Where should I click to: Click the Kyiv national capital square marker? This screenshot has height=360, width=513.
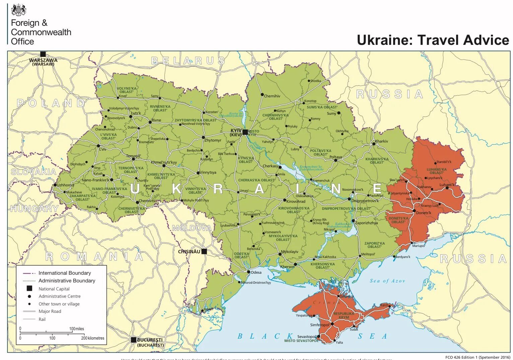pos(245,132)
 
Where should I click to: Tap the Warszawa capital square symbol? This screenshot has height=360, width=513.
pos(43,54)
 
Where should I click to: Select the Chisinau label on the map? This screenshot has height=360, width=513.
pos(189,252)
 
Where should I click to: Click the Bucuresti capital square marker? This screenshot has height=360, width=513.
pos(134,340)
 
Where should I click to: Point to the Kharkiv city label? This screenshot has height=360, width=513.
pos(382,141)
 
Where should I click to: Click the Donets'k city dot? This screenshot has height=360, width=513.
pos(414,211)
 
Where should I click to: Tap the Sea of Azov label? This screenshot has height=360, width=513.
pos(387,281)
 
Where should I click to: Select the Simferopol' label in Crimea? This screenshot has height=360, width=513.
pos(320,325)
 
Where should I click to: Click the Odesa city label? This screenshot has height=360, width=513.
pos(256,272)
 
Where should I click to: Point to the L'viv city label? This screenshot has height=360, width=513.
pos(102,149)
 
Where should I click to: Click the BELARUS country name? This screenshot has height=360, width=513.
pos(188,61)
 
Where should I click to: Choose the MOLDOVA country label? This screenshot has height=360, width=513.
pos(192,228)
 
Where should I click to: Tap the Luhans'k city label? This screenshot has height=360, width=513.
pos(447,185)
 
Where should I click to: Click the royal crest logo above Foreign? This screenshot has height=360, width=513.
pos(18,10)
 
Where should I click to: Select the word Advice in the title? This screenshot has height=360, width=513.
pos(486,40)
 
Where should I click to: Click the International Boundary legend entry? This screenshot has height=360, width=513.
pos(65,273)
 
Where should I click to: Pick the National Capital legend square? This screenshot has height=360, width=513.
pos(29,288)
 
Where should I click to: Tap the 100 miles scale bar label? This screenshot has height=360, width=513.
pos(77,329)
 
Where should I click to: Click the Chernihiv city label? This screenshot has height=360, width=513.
pos(272,96)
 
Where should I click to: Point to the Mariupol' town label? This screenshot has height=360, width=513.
pos(419,246)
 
